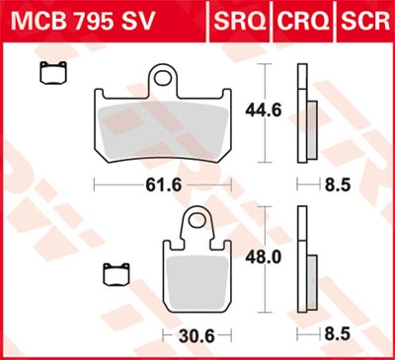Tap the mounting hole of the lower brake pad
pos(198,221)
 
